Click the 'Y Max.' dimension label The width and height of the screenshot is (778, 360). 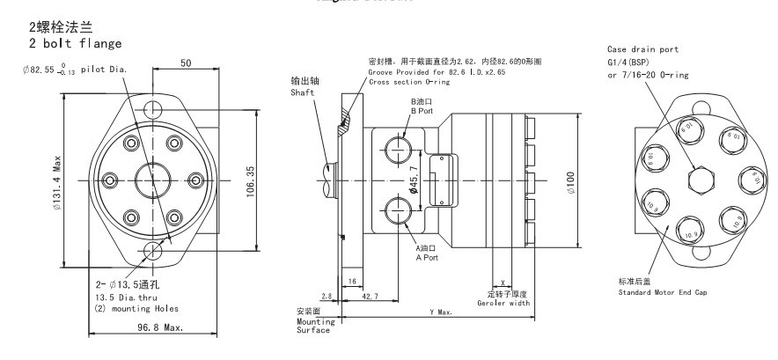443,312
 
